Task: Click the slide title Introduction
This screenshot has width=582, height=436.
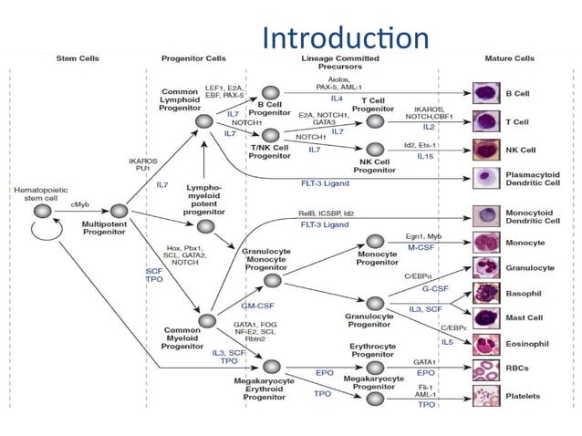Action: coord(344,37)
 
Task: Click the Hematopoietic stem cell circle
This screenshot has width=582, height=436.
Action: coord(41,211)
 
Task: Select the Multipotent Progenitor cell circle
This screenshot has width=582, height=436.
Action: coord(116,211)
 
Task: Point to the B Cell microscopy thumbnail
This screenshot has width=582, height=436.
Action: coord(484,92)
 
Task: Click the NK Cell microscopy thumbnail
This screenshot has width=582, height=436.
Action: coord(484,149)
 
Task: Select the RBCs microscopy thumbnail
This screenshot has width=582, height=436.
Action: coord(484,369)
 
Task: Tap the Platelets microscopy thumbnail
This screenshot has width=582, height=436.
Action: coord(484,396)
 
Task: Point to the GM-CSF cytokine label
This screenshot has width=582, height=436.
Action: coord(260,306)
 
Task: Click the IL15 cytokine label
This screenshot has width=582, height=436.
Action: coord(426,156)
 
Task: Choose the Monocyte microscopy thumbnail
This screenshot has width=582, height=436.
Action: coord(484,243)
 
